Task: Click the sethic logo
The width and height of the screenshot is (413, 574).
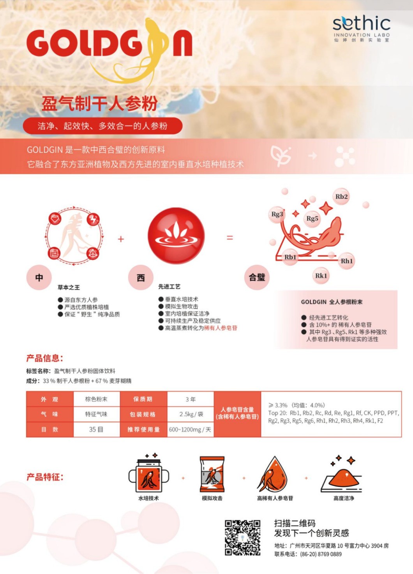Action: point(362,28)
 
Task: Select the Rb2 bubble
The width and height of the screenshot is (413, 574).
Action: point(341,197)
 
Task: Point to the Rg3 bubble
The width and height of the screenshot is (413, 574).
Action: point(277,214)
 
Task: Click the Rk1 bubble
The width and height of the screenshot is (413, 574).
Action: point(321,276)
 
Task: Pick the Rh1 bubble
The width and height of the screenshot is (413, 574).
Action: point(347,261)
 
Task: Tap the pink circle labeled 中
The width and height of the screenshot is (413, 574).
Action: point(39,278)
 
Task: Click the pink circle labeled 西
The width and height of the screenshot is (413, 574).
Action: point(141,278)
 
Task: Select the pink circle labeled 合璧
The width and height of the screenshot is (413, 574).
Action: point(257,277)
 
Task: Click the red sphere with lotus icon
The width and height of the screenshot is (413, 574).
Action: point(176,236)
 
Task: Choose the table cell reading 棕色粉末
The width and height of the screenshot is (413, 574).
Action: point(96,399)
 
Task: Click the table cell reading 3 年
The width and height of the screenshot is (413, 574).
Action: point(191,399)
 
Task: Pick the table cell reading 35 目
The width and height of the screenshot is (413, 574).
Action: point(96,430)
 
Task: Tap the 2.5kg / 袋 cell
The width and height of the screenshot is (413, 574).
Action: point(191,414)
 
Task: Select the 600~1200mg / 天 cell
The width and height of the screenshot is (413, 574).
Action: point(191,430)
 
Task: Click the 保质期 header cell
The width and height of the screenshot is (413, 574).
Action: point(143,399)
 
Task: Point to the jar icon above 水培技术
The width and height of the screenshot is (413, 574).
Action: point(149,473)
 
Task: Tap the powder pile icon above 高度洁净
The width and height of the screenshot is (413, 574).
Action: point(342,475)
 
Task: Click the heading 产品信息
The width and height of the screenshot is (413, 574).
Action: point(44,358)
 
